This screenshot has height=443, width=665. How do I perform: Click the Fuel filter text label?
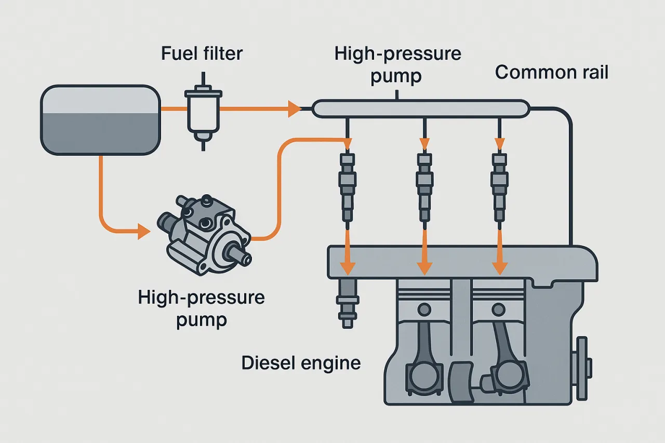click(x=202, y=53)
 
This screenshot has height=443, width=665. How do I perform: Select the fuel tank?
click(x=100, y=120)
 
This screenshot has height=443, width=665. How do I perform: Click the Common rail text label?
click(x=551, y=72)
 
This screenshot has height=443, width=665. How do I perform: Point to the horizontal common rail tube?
click(x=421, y=109)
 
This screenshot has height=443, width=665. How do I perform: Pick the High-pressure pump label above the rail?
click(x=398, y=65)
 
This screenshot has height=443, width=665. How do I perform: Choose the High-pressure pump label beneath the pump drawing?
click(x=202, y=308)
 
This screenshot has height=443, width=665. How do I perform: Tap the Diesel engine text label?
click(x=301, y=363)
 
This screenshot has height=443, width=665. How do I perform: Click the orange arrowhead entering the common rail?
click(x=295, y=109)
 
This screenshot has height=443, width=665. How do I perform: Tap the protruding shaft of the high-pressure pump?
click(x=240, y=254)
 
